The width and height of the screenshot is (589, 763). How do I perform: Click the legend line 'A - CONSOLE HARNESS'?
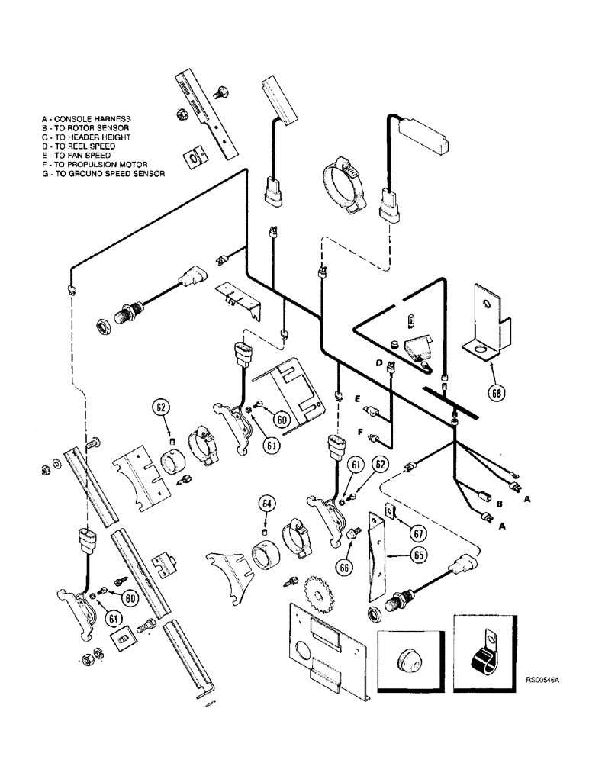[87, 119]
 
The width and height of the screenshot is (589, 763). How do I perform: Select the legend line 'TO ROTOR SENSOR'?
[89, 128]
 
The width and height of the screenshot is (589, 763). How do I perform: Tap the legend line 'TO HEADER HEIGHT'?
[90, 137]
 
